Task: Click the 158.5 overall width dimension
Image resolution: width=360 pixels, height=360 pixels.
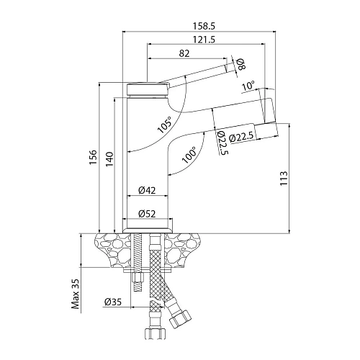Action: tap(204, 26)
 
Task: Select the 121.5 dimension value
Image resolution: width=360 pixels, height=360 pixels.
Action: tap(204, 40)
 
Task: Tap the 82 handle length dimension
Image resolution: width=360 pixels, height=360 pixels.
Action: tap(184, 53)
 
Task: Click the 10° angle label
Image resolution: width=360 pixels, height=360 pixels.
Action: tap(248, 86)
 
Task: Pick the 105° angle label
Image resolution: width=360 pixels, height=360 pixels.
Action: tap(165, 125)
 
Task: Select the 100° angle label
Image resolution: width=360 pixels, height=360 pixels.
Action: tap(189, 156)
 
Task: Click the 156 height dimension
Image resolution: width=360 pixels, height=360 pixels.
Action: tap(93, 157)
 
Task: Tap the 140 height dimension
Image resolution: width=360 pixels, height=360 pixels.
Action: tap(109, 159)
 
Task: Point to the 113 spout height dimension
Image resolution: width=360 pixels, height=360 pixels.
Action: tap(284, 178)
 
